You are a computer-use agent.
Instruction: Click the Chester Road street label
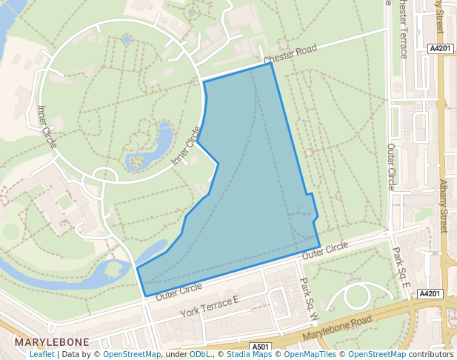290,53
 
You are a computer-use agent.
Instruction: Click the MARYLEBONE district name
52,342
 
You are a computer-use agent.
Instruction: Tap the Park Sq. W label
307,300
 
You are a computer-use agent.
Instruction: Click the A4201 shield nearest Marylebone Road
430,294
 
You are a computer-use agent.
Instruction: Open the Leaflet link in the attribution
41,354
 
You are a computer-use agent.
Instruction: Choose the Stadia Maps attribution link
250,354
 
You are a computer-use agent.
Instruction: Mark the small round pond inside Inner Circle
127,39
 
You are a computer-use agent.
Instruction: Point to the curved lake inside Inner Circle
152,148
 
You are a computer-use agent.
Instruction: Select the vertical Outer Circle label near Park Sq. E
392,167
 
